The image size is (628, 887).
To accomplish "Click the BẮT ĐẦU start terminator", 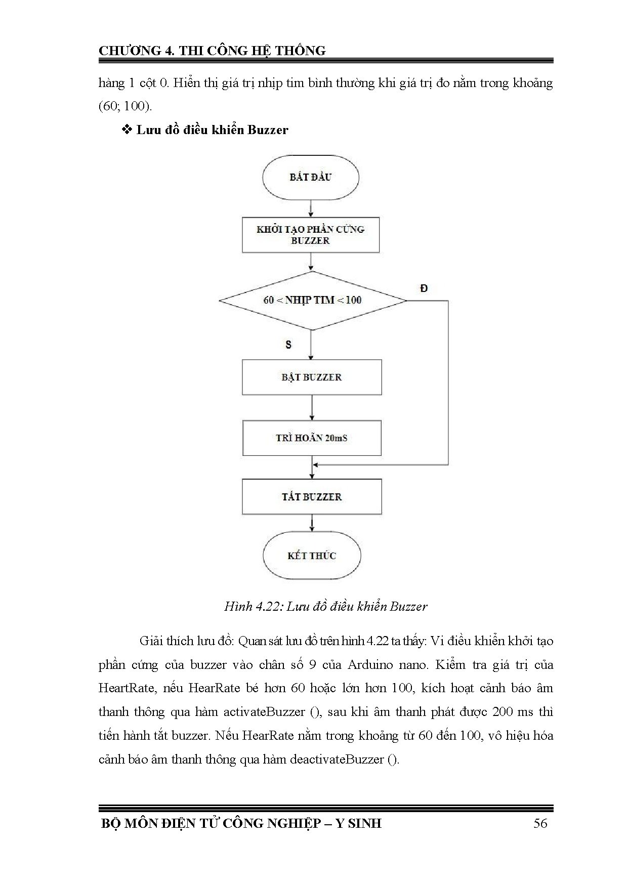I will [310, 177].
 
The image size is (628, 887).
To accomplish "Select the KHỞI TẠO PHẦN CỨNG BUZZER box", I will [310, 235].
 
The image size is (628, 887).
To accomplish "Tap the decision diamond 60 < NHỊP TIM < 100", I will [312, 301].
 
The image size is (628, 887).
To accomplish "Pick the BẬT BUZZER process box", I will [312, 377].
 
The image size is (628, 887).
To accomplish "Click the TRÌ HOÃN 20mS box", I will [312, 438].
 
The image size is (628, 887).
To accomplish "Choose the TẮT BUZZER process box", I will [312, 497].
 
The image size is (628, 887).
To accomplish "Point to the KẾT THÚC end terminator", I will [312, 556].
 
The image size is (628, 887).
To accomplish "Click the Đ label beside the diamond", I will [424, 288].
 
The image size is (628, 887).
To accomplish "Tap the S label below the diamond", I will [288, 345].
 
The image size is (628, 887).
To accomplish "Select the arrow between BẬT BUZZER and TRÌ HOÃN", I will [312, 407].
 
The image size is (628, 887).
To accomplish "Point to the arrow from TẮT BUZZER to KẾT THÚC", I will [312, 523].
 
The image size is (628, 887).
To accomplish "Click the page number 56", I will [540, 823].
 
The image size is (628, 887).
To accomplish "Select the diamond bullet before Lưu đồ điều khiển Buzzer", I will [128, 130].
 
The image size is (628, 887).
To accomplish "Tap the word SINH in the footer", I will [364, 823].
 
